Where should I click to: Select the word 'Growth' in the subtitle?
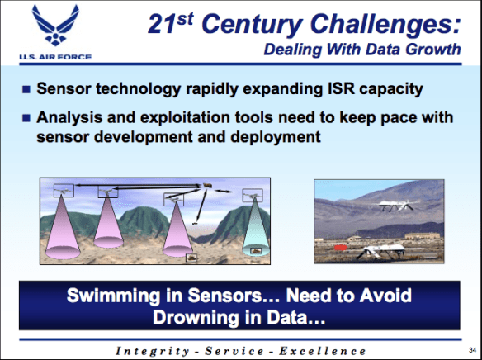click(x=437, y=49)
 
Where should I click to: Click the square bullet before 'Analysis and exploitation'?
click(x=26, y=119)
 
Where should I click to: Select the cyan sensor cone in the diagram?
click(x=253, y=230)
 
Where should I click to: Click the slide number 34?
click(x=470, y=349)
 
